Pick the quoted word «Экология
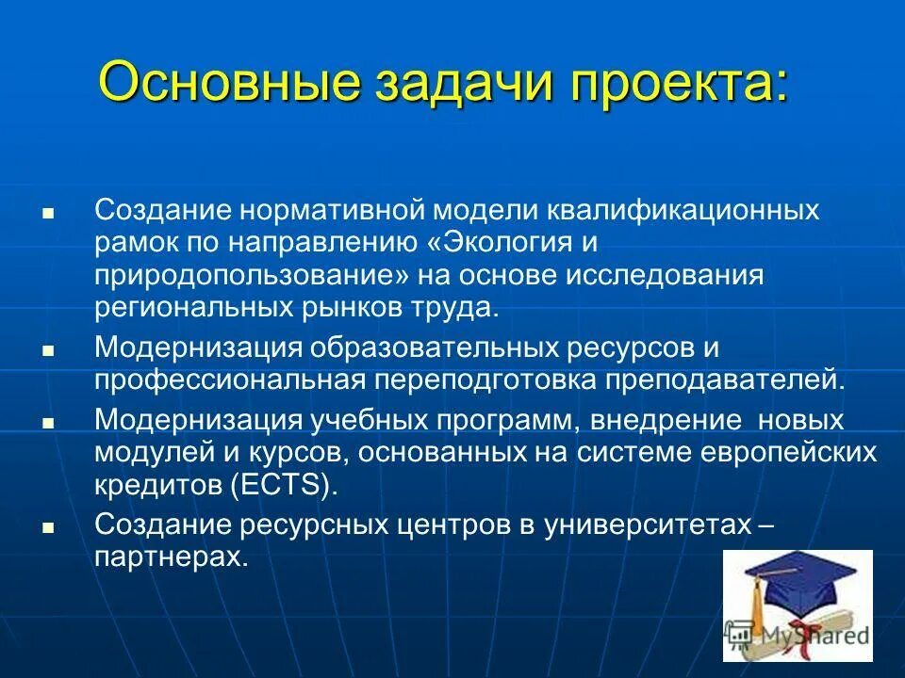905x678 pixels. [x=495, y=243]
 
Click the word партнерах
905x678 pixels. [x=172, y=556]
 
